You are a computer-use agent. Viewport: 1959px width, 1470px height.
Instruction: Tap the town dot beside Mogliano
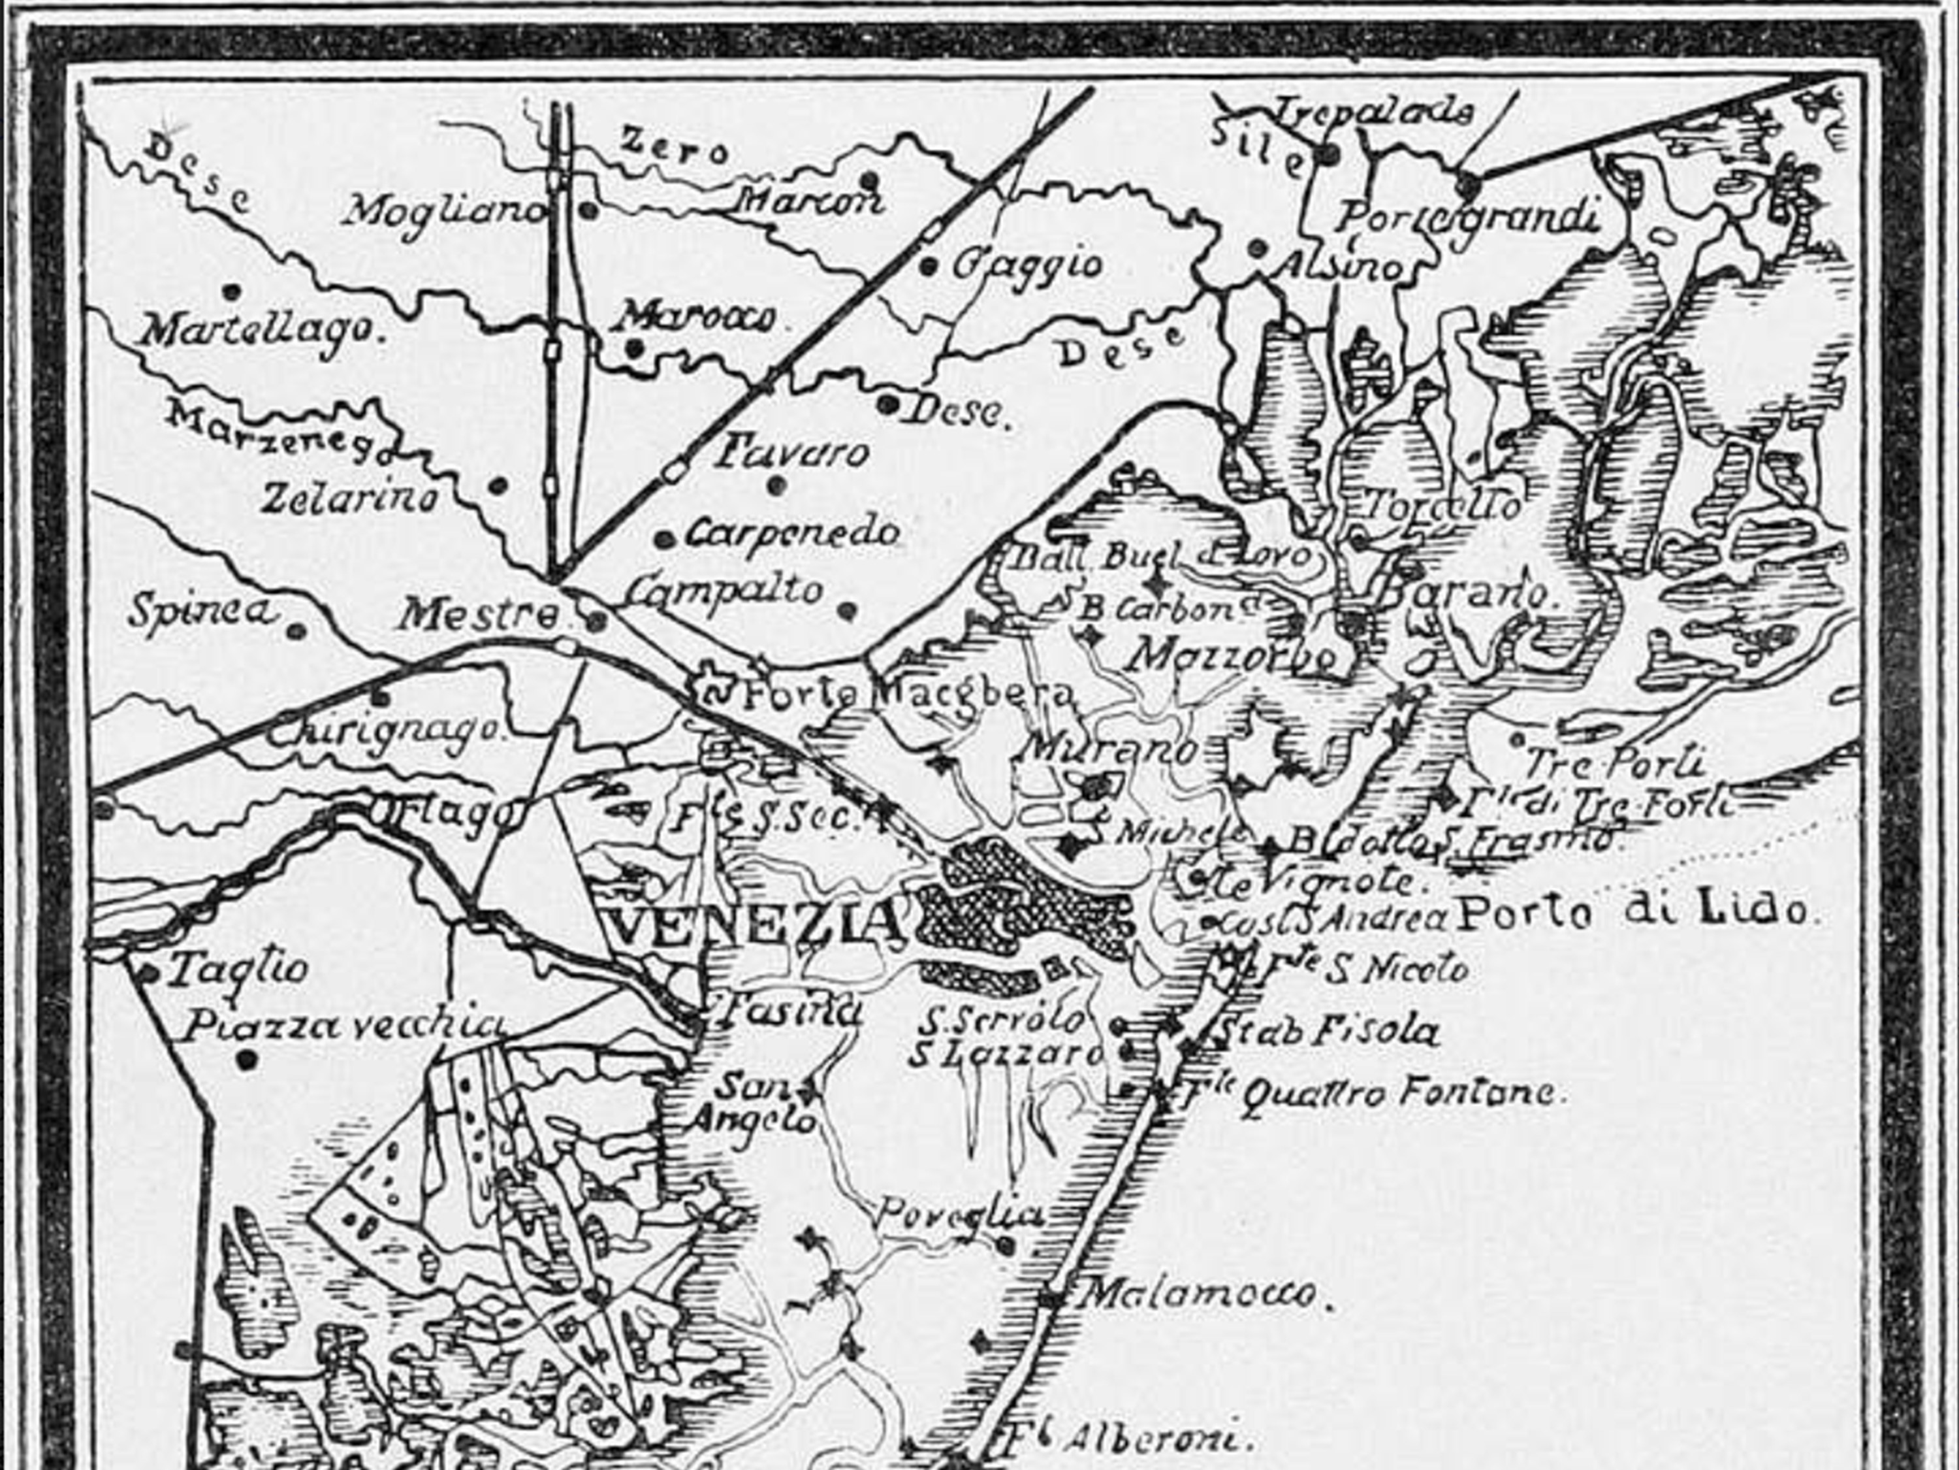tap(587, 209)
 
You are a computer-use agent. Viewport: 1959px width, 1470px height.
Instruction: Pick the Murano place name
tap(1109, 749)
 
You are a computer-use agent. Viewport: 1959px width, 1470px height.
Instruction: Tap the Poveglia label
tap(958, 1213)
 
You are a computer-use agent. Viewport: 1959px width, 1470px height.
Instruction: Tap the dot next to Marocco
tap(632, 348)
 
